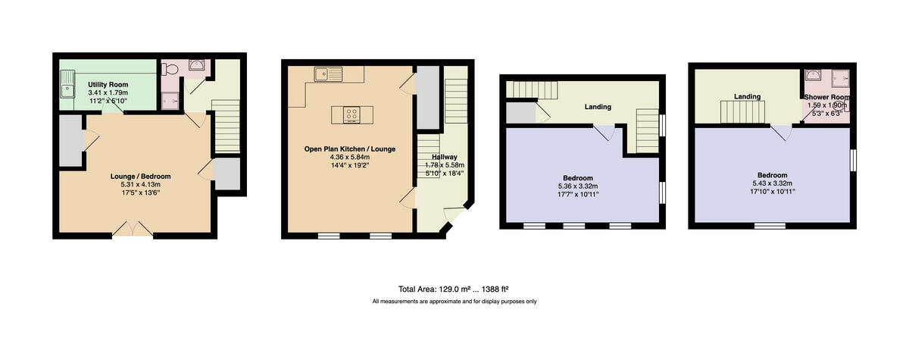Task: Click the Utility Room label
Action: (x=108, y=84)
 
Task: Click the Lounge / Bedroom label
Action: (x=140, y=176)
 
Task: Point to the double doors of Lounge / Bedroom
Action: (x=132, y=227)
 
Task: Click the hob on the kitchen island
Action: (x=352, y=114)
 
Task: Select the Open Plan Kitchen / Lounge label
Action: (x=350, y=149)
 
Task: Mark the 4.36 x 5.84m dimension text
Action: (x=350, y=157)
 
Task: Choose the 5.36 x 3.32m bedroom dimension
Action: (x=578, y=186)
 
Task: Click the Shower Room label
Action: (x=826, y=98)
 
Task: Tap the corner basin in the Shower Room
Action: (x=813, y=75)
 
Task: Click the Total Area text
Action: (x=453, y=289)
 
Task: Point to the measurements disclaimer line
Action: (x=454, y=302)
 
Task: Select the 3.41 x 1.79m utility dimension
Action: (x=108, y=92)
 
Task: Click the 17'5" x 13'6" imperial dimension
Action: (x=140, y=193)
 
